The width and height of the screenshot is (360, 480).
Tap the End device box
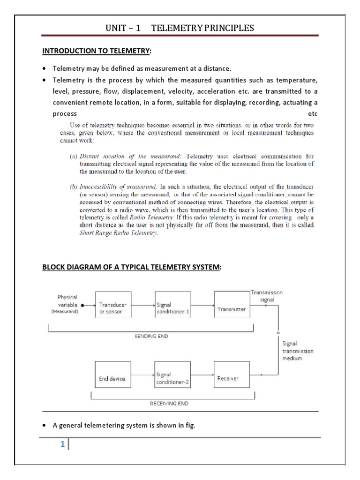[x=112, y=378]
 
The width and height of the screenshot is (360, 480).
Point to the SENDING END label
[x=148, y=337]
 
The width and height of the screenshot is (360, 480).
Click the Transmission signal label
[x=267, y=295]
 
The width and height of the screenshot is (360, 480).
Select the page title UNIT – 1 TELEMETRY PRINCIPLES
[x=180, y=28]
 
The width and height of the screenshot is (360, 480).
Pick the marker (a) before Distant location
[x=74, y=156]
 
